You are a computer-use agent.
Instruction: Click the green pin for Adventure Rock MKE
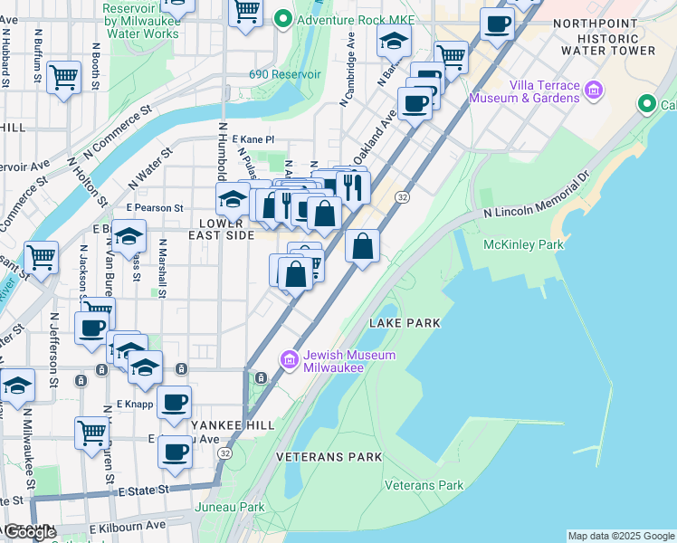283,17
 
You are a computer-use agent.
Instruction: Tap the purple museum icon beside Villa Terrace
594,89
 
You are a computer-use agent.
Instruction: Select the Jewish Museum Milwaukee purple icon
290,360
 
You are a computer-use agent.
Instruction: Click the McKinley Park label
524,244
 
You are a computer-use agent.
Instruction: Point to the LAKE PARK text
405,323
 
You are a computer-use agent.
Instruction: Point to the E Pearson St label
155,207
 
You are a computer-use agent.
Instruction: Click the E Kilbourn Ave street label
128,525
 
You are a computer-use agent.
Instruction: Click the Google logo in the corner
30,532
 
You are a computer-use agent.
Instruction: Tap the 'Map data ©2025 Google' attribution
620,536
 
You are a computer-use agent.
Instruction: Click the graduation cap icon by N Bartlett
394,40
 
